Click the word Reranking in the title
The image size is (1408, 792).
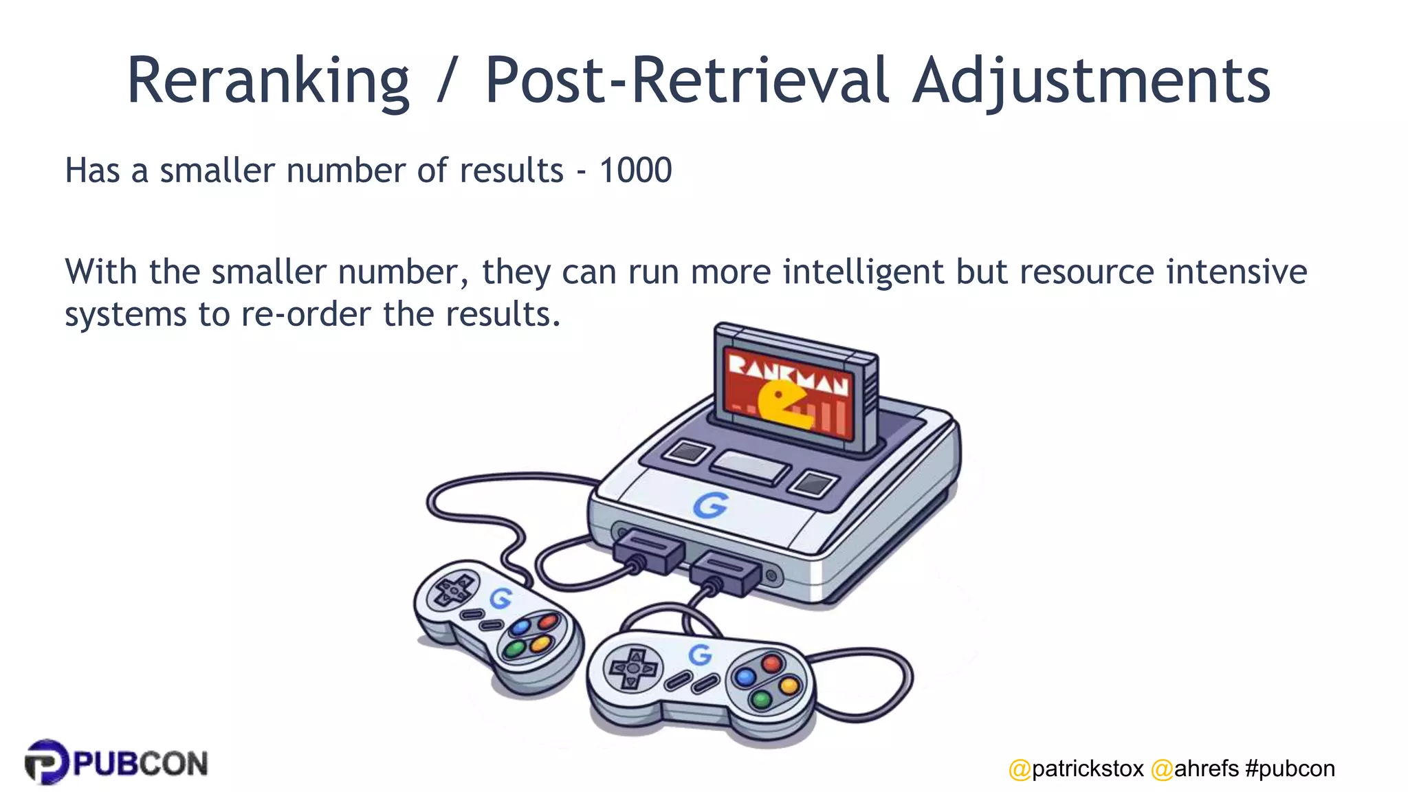[x=268, y=81]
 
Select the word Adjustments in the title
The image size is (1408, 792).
[x=1091, y=81]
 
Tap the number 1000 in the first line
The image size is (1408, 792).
[x=635, y=170]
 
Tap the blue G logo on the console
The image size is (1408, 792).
[x=709, y=505]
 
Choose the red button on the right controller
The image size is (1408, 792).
[x=771, y=663]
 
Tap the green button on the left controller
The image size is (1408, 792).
[x=514, y=648]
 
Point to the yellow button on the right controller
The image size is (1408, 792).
[x=789, y=685]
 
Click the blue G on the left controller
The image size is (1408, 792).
[x=500, y=598]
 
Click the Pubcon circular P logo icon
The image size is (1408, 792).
[x=46, y=762]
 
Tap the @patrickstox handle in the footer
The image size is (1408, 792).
[x=1076, y=769]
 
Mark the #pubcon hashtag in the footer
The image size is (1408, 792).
[x=1290, y=769]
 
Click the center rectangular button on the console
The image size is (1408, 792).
[x=749, y=467]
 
